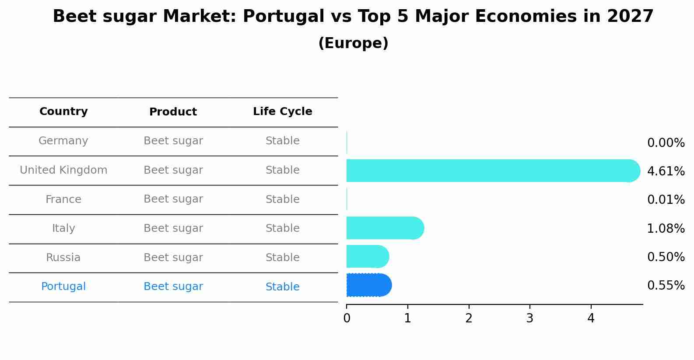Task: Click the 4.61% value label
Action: pos(666,171)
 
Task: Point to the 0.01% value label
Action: pos(666,200)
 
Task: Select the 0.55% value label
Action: pos(666,286)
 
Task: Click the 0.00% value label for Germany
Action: pos(666,143)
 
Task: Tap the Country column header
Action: pos(63,112)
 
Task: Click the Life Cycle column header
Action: pos(282,112)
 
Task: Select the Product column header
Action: pos(173,112)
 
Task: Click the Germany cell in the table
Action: pos(63,141)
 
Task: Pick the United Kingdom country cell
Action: pos(63,170)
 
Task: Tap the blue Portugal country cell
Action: pos(63,287)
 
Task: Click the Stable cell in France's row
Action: pos(282,199)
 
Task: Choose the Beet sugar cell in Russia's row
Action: pos(173,258)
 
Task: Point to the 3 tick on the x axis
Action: pos(529,318)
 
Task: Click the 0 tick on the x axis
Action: pos(347,318)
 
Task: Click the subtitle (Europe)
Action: pos(353,43)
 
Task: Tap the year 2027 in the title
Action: pos(630,17)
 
